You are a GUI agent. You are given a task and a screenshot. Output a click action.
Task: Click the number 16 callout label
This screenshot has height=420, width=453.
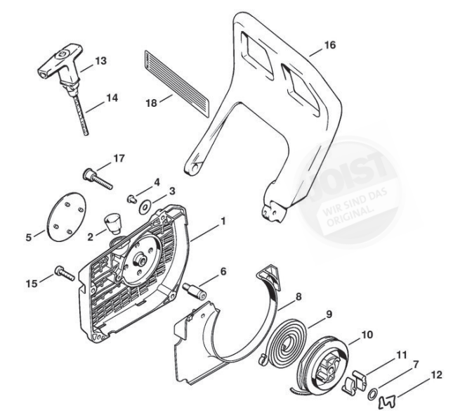click(x=329, y=44)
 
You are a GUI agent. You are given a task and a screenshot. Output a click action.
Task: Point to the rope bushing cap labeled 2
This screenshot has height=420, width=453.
click(x=111, y=224)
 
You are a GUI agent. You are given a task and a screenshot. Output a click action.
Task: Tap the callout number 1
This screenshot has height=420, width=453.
click(x=223, y=222)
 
